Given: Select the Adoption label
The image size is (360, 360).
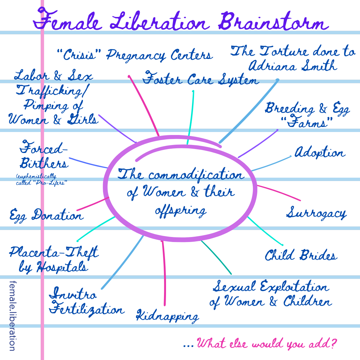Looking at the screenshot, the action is click(x=319, y=153).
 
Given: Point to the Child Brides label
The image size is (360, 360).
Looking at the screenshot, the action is click(x=301, y=256).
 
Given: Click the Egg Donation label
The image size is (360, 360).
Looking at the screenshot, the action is click(x=46, y=215).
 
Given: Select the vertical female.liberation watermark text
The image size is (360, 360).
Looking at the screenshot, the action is click(x=12, y=315).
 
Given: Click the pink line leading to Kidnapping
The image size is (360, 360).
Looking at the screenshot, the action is click(x=164, y=273).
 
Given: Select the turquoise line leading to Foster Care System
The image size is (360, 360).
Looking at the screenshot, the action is click(x=191, y=117).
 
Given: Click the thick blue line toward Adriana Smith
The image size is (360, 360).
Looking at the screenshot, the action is click(x=250, y=110).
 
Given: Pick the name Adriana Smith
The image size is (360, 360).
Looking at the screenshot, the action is click(x=293, y=66).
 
